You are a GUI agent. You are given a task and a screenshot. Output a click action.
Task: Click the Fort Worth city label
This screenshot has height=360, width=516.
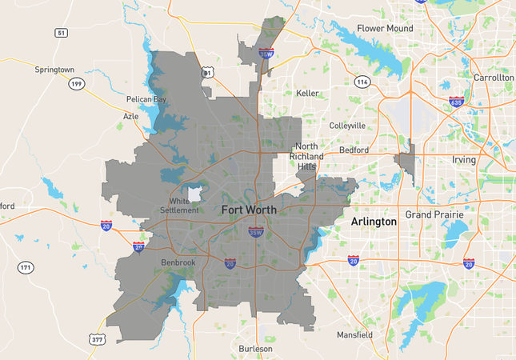249,210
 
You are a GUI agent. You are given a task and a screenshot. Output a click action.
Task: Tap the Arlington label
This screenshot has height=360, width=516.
374,222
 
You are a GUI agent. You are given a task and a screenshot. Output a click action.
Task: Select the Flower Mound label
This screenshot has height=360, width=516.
385,29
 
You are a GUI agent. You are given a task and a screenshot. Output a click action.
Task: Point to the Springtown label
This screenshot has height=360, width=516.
54,70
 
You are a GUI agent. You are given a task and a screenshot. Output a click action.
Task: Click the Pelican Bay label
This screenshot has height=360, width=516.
146,100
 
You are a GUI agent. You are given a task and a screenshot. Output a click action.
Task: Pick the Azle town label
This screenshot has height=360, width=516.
130,116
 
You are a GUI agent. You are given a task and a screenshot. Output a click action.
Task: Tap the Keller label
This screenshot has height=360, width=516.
307,94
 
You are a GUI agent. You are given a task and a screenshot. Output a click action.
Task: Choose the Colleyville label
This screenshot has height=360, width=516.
348,126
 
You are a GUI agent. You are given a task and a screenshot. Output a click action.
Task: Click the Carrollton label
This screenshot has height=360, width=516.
493,78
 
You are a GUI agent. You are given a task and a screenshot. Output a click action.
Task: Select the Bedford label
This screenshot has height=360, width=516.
354,150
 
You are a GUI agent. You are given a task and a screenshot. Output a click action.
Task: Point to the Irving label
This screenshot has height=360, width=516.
464,160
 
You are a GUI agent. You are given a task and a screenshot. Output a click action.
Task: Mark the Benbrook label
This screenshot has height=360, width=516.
178,262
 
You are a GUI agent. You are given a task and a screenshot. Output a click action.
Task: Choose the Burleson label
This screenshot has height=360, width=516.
255,349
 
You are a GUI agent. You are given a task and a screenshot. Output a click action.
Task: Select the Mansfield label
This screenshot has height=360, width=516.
354,334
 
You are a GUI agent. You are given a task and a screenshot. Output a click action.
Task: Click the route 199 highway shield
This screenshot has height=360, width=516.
76,84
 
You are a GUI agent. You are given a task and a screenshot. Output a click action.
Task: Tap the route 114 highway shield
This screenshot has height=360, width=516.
362,82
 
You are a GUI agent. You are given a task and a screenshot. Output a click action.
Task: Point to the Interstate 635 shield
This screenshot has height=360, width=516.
457,102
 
